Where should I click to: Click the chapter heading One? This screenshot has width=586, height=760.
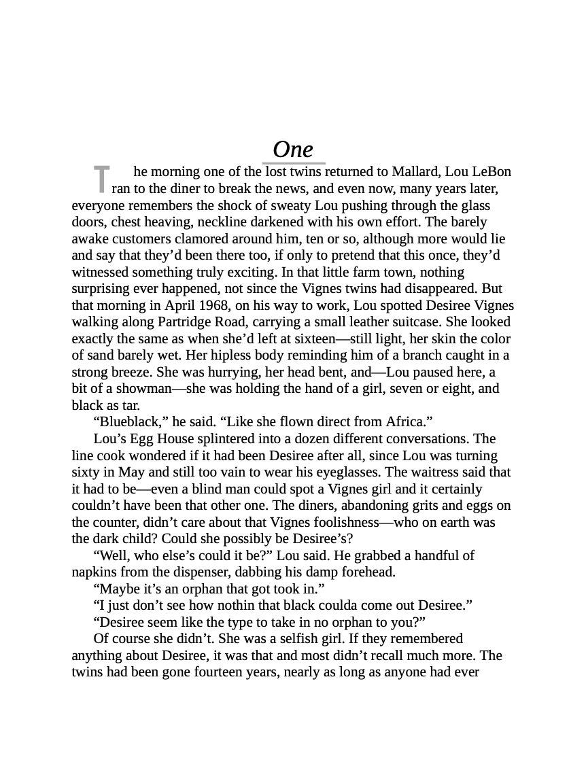coord(293,150)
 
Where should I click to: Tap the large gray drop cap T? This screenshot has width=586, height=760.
coord(101,179)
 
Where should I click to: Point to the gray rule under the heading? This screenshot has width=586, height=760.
coord(294,163)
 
